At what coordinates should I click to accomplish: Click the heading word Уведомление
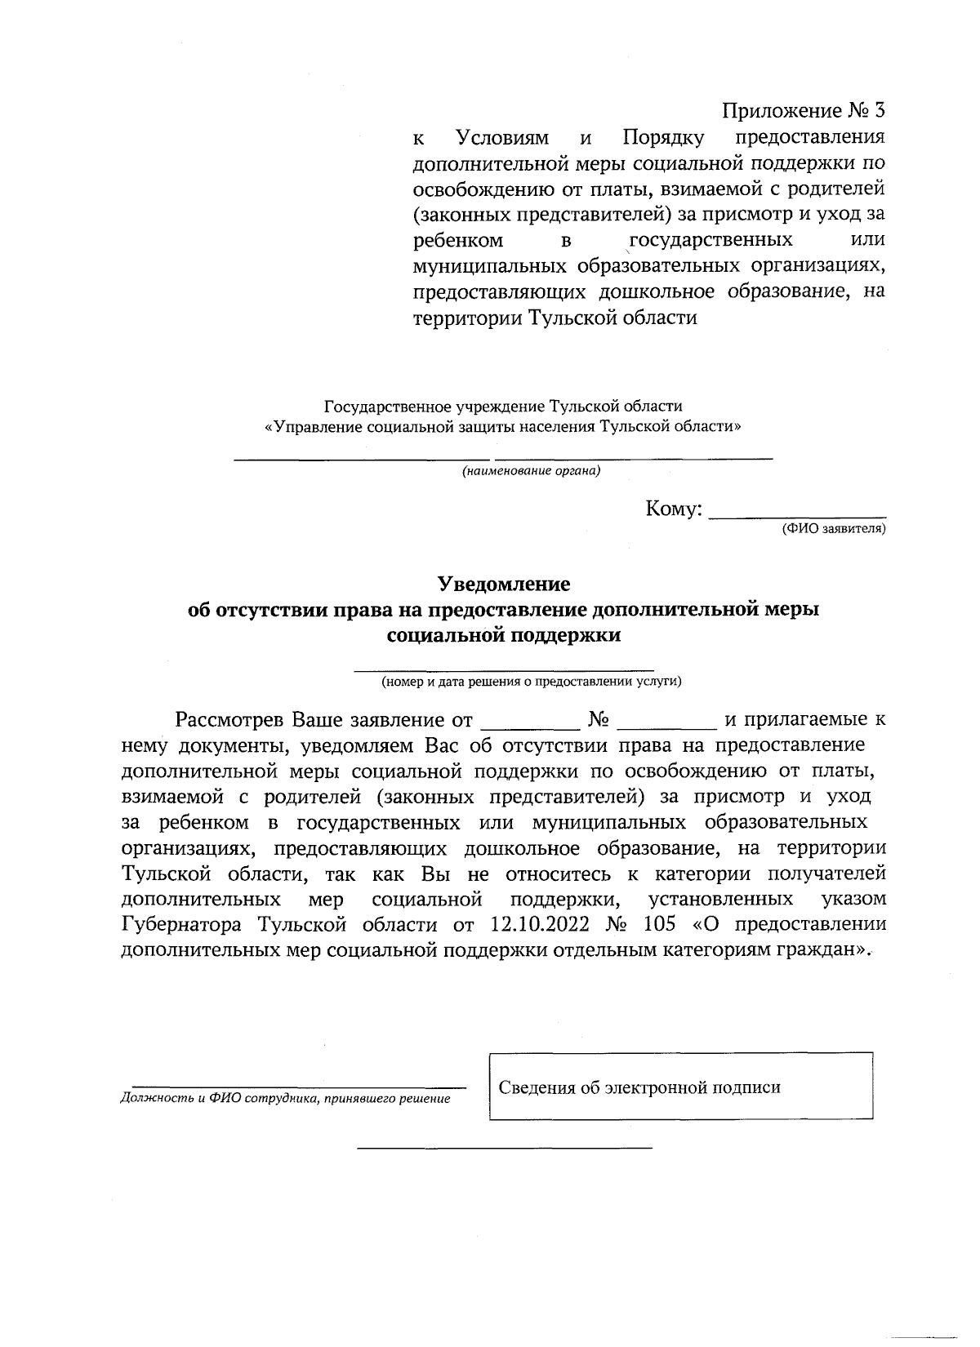pos(503,585)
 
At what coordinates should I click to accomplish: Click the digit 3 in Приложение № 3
pos(879,110)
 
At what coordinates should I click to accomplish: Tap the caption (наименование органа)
pos(531,471)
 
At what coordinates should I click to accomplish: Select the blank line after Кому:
pos(798,514)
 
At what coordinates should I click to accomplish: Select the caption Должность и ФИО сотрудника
pos(285,1099)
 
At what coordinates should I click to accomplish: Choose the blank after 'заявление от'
pos(530,722)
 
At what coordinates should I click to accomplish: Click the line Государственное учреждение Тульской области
pos(503,406)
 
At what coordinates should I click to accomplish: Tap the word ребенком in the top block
pos(457,240)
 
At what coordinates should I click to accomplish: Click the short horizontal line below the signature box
pos(506,1149)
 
